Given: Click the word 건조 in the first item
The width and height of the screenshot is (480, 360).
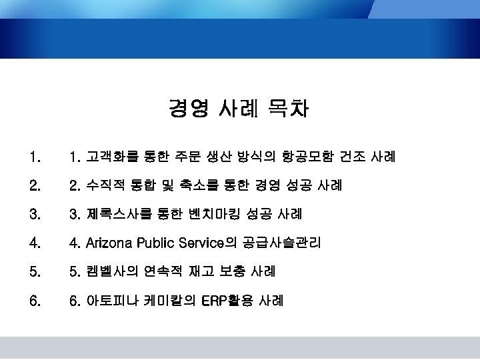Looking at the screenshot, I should coord(354,157).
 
